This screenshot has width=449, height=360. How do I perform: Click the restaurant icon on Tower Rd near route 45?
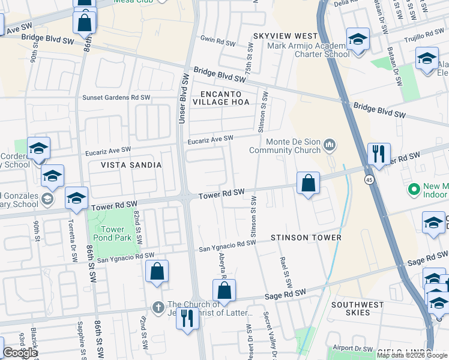[379, 154]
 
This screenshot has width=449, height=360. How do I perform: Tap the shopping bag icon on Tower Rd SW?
[308, 183]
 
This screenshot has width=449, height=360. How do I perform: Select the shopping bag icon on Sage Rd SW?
[224, 290]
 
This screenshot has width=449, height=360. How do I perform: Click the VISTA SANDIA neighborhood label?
[131, 165]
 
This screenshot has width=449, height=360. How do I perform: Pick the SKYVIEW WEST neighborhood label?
[285, 37]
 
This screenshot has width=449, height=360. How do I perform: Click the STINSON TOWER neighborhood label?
[306, 238]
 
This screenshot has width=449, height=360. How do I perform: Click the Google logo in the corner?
[20, 353]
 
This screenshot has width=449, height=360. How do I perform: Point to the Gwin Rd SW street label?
[217, 42]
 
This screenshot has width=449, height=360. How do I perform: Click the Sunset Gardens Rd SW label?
[116, 97]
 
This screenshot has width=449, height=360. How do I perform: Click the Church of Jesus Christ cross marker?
[158, 307]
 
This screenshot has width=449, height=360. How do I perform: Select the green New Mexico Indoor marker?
[413, 190]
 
